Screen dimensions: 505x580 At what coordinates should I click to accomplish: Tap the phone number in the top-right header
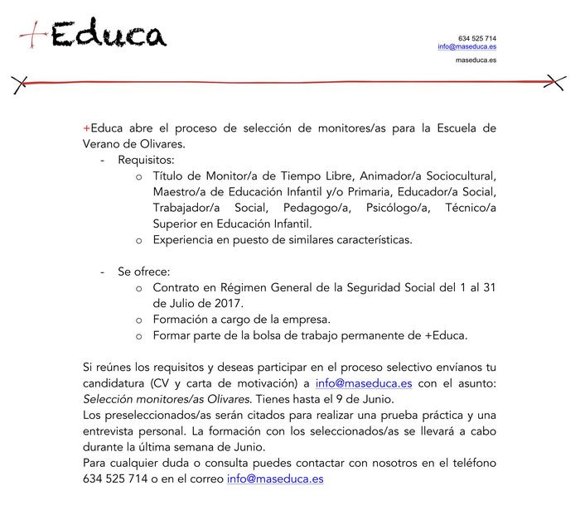[477, 38]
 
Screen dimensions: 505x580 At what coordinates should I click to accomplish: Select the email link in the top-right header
[467, 47]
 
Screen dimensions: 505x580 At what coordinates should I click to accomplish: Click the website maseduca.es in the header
[476, 61]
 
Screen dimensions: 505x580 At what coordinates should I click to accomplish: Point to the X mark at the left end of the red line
[21, 82]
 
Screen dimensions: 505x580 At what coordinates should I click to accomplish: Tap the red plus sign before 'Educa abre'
[86, 128]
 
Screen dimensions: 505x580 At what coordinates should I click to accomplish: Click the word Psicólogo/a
[387, 208]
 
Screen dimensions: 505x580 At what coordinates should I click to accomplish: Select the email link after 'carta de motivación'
[364, 383]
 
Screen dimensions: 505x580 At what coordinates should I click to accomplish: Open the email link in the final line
[275, 479]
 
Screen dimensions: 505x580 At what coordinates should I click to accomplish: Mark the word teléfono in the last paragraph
[470, 463]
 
